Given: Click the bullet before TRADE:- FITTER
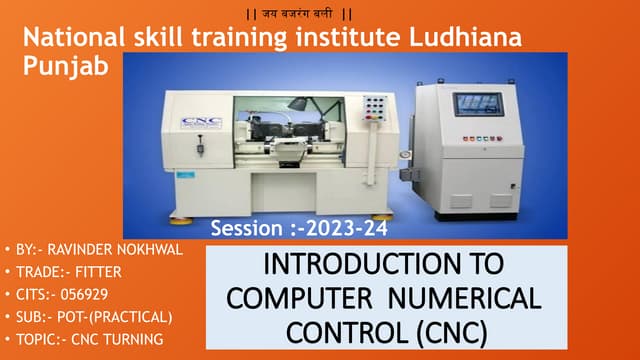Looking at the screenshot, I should point(9,272).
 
